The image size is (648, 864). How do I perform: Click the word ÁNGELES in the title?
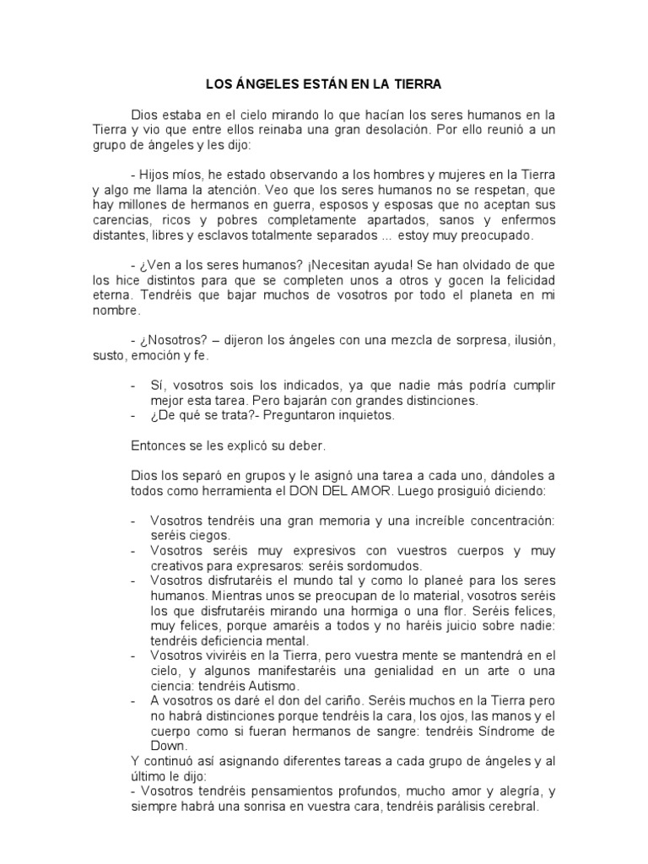(x=267, y=85)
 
